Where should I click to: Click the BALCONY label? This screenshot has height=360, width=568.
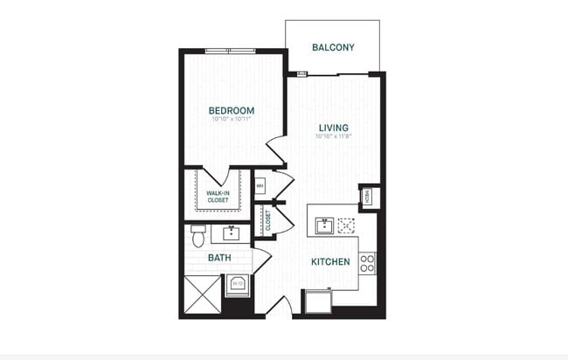click(x=333, y=47)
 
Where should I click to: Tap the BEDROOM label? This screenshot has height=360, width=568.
click(x=231, y=110)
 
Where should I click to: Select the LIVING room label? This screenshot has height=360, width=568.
click(x=333, y=128)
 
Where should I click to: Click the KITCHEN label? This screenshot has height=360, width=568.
click(x=331, y=261)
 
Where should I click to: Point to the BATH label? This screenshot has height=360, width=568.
click(x=218, y=258)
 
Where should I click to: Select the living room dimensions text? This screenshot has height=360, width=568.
click(x=333, y=136)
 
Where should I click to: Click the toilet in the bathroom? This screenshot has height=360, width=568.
click(x=198, y=234)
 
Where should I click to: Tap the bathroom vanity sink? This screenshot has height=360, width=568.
click(x=231, y=233)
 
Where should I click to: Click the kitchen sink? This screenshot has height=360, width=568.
click(x=322, y=226)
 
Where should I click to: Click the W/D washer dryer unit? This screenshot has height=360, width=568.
click(x=237, y=284)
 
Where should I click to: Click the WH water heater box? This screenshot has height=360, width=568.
click(x=260, y=186)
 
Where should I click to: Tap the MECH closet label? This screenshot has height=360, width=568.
click(x=368, y=197)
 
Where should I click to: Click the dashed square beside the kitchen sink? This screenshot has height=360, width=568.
click(x=347, y=225)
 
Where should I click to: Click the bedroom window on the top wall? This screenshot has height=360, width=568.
click(x=230, y=51)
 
